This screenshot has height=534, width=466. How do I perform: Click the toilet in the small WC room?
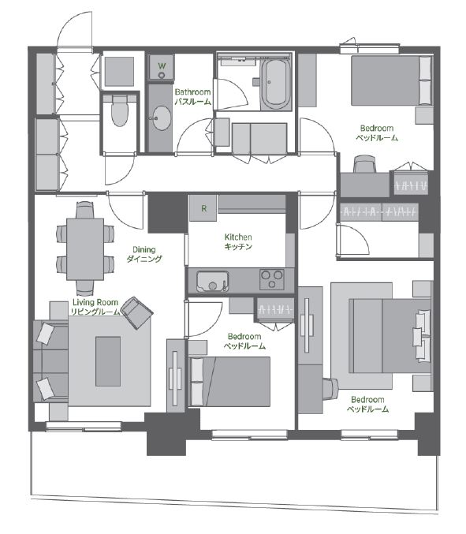click(x=120, y=110)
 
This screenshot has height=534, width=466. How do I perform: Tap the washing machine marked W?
click(x=162, y=67)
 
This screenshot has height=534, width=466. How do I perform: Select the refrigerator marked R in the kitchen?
click(x=203, y=207)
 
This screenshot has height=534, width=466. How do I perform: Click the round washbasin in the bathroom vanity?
click(x=162, y=118)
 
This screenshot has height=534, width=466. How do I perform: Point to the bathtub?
click(x=276, y=84)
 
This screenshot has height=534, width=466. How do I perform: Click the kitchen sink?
click(x=212, y=282)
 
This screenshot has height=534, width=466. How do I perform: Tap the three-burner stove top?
click(x=271, y=279)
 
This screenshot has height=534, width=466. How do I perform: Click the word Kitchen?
click(x=238, y=237)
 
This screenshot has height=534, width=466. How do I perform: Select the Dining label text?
click(x=144, y=249)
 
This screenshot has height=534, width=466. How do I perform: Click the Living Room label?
click(x=95, y=302)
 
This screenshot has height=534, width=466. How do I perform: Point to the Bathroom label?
click(x=192, y=92)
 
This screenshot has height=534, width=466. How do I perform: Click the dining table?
click(x=85, y=249)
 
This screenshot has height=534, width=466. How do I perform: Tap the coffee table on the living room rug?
click(x=108, y=361)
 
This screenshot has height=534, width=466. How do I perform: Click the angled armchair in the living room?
click(x=137, y=313)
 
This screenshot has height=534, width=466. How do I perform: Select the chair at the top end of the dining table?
click(x=84, y=210)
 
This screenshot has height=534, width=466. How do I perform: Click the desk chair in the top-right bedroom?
click(x=364, y=164)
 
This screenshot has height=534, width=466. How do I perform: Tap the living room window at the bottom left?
click(x=84, y=426)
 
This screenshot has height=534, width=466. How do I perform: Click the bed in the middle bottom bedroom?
click(x=229, y=382)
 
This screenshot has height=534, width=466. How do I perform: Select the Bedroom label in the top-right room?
click(x=377, y=129)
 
